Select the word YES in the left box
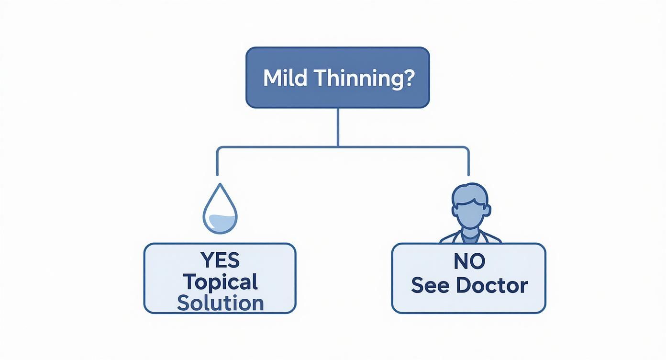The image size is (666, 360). pyautogui.click(x=220, y=260)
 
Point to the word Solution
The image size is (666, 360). pyautogui.click(x=220, y=303)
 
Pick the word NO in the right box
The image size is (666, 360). pyautogui.click(x=469, y=261)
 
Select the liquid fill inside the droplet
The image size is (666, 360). pyautogui.click(x=220, y=222)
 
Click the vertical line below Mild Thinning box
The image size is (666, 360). pyautogui.click(x=338, y=127)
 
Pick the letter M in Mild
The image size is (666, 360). pyautogui.click(x=271, y=78)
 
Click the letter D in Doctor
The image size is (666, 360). pyautogui.click(x=463, y=285)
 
